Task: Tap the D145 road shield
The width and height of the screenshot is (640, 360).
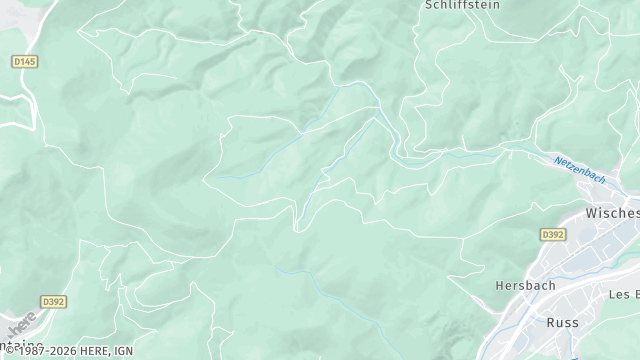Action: click(x=24, y=62)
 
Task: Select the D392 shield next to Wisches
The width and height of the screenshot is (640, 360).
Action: click(x=553, y=235)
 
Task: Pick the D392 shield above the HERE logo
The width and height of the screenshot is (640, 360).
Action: click(x=53, y=300)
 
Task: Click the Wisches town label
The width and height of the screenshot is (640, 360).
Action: click(x=612, y=215)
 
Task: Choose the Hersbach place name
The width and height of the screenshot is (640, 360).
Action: click(x=524, y=285)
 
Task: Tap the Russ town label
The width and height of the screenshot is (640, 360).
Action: click(x=563, y=322)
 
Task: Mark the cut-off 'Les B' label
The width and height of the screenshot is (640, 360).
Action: click(x=624, y=294)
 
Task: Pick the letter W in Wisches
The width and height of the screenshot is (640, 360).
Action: click(x=591, y=215)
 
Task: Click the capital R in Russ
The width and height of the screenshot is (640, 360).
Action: click(x=551, y=322)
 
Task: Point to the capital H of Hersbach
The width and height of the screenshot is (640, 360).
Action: click(x=500, y=285)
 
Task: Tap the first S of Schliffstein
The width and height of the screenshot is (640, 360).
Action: click(x=429, y=5)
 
